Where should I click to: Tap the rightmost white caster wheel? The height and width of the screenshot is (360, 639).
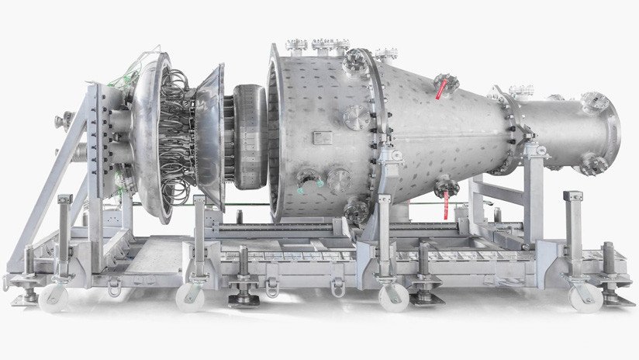click(x=583, y=296)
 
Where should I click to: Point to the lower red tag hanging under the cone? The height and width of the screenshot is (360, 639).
click(x=445, y=205)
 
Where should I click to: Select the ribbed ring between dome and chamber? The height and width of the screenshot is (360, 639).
click(x=247, y=137)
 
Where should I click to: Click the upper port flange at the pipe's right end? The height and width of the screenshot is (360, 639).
click(x=594, y=102)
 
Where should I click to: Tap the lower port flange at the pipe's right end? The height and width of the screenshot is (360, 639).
click(x=594, y=164)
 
